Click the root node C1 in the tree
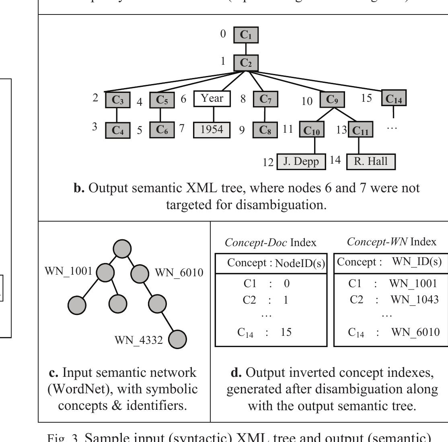pos(246,35)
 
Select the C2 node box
pos(246,63)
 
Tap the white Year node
pos(212,99)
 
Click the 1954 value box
pos(212,130)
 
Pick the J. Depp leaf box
pos(301,162)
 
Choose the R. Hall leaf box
pos(370,162)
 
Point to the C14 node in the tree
pos(394,99)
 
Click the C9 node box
pos(332,99)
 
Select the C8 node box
pos(265,130)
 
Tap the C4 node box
pos(118,131)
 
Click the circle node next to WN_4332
pos(177,340)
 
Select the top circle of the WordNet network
pos(122,249)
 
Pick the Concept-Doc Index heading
pos(270,243)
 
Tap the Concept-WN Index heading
pos(391,242)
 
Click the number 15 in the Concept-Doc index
pos(286,332)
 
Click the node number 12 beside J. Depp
pos(268,162)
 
